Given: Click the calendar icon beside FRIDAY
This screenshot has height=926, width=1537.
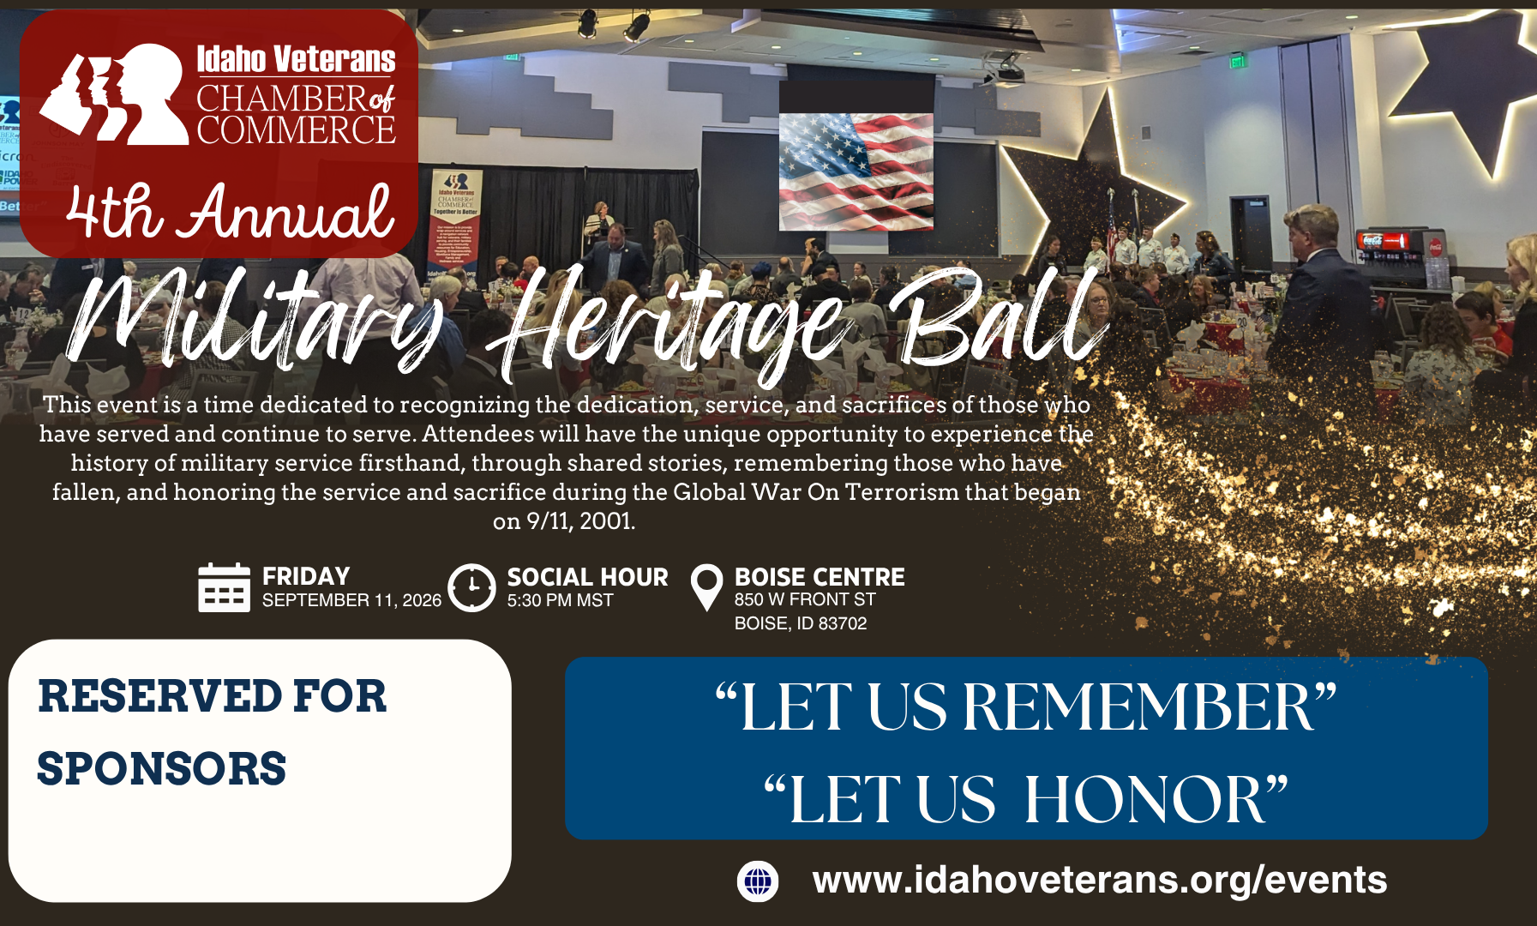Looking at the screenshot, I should [224, 587].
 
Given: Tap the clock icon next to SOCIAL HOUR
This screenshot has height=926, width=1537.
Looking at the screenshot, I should [471, 587].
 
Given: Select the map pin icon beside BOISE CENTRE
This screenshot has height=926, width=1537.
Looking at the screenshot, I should [706, 586].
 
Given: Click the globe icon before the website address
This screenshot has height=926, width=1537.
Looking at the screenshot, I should [758, 881].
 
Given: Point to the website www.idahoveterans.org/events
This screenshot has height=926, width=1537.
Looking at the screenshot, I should [1099, 881].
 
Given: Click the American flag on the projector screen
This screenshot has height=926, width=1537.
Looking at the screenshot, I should [856, 171].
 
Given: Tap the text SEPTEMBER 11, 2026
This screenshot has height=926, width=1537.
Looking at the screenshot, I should [351, 600].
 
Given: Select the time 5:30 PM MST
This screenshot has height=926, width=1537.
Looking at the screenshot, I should [560, 600].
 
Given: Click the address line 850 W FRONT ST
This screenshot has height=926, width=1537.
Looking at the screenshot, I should [805, 599].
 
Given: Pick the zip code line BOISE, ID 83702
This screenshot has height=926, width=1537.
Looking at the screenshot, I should [801, 623].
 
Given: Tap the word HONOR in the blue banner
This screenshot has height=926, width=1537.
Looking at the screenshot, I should [1145, 800].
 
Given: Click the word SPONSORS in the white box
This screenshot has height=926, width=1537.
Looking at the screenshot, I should [162, 768].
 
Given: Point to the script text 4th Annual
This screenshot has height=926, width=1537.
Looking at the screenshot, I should [230, 212].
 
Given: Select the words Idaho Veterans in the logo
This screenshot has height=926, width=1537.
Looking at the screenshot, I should [296, 59].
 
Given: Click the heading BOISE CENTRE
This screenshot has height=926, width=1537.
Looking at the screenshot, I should [820, 577].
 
